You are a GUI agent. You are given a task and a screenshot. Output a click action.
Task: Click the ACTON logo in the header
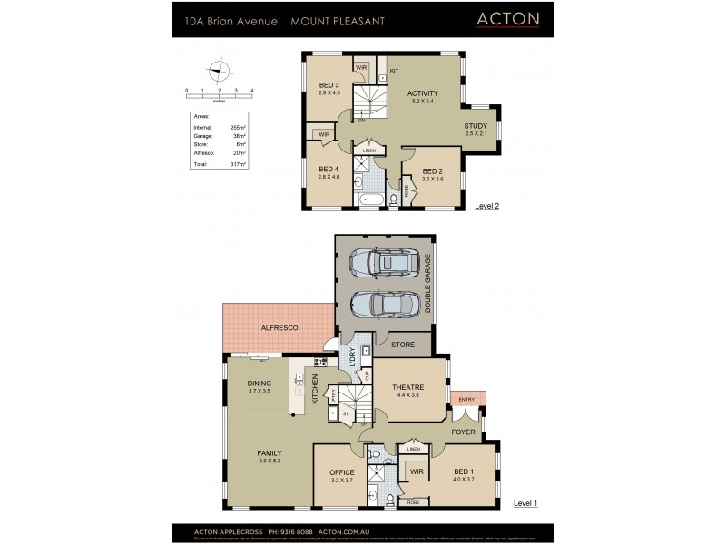tap(508, 18)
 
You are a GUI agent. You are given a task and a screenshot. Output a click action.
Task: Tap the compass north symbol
tap(217, 70)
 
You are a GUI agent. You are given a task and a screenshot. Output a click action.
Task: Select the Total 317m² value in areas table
tap(239, 164)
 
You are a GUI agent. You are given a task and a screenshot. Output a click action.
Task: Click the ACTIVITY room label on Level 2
tap(423, 93)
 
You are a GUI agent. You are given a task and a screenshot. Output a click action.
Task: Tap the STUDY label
tap(476, 126)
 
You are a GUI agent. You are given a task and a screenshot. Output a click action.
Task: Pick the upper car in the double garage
tap(384, 264)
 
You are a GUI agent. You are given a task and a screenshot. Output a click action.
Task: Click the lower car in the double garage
tap(384, 305)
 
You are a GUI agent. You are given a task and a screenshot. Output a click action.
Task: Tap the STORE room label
tap(403, 345)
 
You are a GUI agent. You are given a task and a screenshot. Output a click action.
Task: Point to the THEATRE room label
tap(408, 387)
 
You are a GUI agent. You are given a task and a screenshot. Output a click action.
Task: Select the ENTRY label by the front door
tap(466, 399)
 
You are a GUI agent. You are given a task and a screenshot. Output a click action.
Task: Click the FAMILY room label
tap(270, 453)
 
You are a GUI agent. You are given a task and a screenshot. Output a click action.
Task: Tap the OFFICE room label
tap(341, 472)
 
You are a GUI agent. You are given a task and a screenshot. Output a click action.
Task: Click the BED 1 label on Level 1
tap(464, 471)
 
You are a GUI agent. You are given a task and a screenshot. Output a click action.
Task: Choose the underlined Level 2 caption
tap(487, 206)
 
